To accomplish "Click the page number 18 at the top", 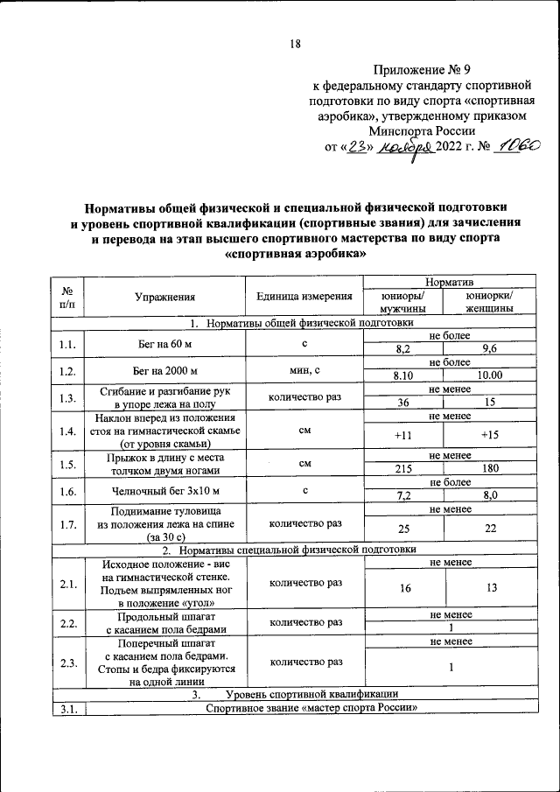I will point(295,46).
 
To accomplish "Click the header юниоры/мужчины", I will point(402,303).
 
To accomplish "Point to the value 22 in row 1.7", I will point(489,529).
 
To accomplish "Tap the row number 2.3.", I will point(66,662).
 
